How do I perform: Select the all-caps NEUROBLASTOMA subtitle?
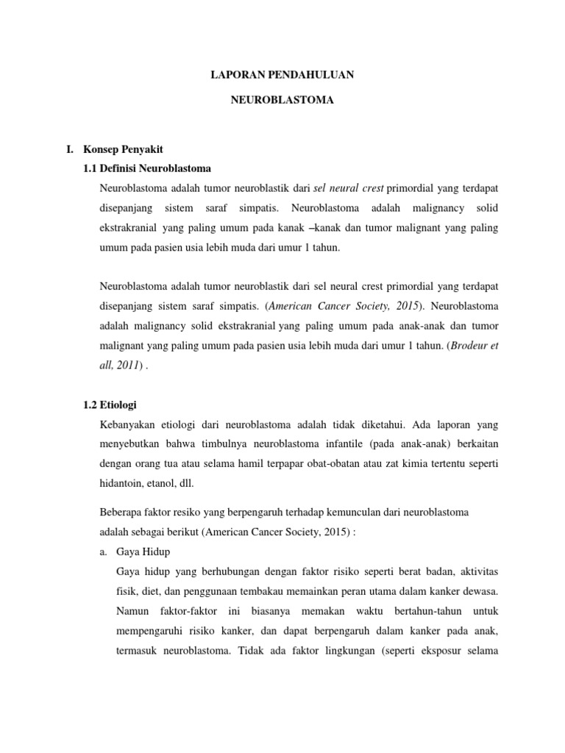(x=282, y=100)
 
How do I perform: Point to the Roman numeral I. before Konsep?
(x=70, y=149)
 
